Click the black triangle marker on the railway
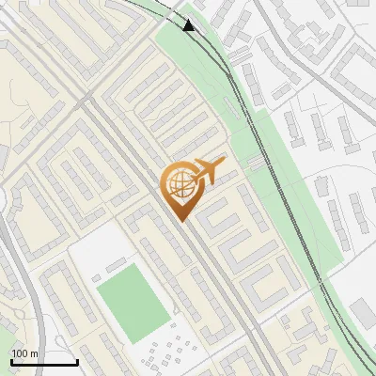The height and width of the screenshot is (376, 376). tap(191, 25)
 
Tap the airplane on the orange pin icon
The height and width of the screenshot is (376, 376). tap(209, 170)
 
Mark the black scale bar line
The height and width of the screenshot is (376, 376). tap(44, 362)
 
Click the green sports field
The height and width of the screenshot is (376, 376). tap(132, 301)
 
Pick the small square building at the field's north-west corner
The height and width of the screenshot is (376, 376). tap(97, 277)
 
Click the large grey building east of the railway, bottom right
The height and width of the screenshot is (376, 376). tap(363, 316)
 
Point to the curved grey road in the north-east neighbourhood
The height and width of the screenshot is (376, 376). tap(310, 66)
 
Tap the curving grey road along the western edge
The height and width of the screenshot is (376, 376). tap(28, 282)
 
